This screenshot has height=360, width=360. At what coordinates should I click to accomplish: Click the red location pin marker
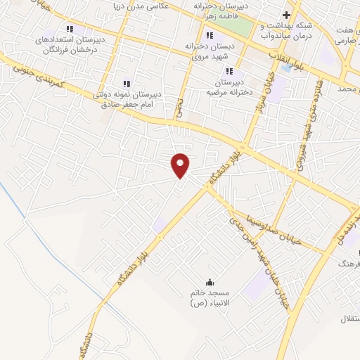point(181,165)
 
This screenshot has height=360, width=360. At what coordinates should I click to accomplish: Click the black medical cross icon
point(286,15)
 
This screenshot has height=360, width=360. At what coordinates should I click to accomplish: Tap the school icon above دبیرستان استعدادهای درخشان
point(69,29)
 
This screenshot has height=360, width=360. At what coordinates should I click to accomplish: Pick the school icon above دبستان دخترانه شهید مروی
point(209,36)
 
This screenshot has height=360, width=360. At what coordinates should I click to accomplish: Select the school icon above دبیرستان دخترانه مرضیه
point(229,70)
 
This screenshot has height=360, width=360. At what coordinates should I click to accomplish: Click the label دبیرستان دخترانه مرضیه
point(229,86)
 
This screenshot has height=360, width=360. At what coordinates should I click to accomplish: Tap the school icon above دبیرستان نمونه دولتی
point(127,84)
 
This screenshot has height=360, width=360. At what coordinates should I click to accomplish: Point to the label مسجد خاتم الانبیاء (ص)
point(209,297)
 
